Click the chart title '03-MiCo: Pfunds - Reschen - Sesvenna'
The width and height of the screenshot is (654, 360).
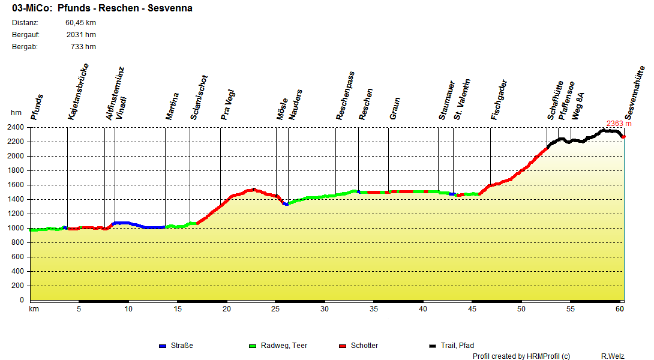pos(102,8)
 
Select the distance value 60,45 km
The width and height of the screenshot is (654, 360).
pos(80,23)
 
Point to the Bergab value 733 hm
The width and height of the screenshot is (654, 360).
pos(83,47)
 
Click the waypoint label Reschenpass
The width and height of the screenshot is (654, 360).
pos(346,96)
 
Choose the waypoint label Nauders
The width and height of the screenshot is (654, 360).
pos(296,104)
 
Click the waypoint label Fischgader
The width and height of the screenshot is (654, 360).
pos(499,100)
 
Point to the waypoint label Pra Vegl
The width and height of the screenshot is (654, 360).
pos(228,104)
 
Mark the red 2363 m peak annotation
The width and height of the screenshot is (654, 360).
pos(619,124)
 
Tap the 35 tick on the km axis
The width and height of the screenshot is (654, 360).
pos(374,308)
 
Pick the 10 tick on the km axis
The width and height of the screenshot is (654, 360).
pos(128,308)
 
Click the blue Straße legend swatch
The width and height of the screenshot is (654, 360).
pos(162,346)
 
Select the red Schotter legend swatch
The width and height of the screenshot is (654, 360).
pos(343,346)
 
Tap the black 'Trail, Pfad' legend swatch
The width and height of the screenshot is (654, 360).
pos(433,346)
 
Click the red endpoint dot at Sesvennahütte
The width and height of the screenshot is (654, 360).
pos(624,137)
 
